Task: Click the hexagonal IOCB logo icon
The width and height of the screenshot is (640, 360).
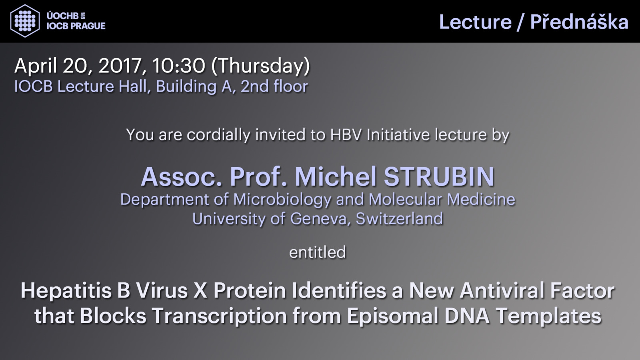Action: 25,21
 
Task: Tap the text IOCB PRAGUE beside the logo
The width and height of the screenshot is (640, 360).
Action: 76,26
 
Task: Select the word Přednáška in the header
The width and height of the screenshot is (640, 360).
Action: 580,22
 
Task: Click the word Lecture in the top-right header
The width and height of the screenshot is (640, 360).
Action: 476,22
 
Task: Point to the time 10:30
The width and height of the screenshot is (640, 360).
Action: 179,66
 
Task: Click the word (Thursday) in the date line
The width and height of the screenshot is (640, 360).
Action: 260,66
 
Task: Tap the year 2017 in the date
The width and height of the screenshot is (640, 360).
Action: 120,66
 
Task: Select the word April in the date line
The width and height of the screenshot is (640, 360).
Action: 36,66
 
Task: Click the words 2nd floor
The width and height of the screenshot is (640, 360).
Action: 274,86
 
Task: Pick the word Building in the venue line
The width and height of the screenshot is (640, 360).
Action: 186,87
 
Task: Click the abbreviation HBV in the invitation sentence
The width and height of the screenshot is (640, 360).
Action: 346,134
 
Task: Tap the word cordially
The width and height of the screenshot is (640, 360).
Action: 218,134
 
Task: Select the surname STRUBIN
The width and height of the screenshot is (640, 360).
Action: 439,176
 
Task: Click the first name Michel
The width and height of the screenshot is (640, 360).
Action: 336,176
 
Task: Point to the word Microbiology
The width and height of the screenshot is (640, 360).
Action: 282,200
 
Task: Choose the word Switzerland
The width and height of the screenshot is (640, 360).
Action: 399,218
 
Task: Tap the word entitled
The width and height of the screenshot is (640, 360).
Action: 318,252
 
